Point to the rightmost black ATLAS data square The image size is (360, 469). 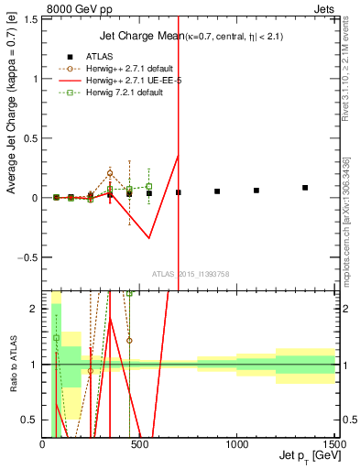[x=305, y=188]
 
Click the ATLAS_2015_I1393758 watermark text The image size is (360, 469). [x=191, y=273]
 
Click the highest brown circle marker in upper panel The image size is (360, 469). [x=110, y=172]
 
